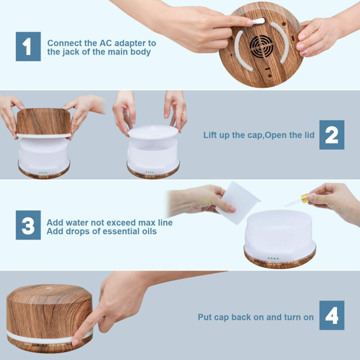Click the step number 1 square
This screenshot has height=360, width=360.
(x=28, y=47)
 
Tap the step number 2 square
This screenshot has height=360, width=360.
(x=332, y=135)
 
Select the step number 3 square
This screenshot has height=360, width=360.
(x=28, y=225)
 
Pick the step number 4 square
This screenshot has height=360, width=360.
(x=332, y=315)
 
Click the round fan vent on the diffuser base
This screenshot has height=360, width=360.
(x=261, y=47)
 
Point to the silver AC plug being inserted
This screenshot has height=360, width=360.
(x=259, y=21)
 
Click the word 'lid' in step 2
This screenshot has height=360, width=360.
(x=309, y=135)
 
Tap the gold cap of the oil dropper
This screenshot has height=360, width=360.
(x=305, y=199)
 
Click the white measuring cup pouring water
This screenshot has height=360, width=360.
(x=237, y=202)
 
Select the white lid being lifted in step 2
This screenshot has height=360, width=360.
(x=153, y=132)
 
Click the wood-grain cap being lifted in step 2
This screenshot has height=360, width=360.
(x=44, y=123)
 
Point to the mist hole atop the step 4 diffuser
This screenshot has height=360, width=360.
(x=49, y=288)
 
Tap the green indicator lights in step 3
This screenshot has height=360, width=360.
(x=273, y=258)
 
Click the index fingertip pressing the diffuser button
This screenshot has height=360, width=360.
(x=75, y=342)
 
